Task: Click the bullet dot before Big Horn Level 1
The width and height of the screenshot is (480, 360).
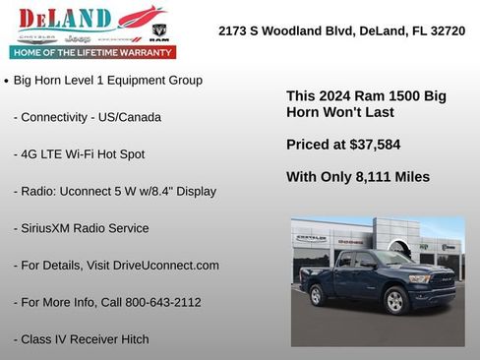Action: click(8, 81)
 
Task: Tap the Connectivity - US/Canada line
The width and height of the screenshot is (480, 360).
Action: click(88, 117)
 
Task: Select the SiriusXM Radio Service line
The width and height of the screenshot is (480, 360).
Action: click(82, 228)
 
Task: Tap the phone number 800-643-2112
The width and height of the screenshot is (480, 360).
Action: click(159, 302)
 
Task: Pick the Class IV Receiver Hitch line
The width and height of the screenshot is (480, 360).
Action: click(82, 339)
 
